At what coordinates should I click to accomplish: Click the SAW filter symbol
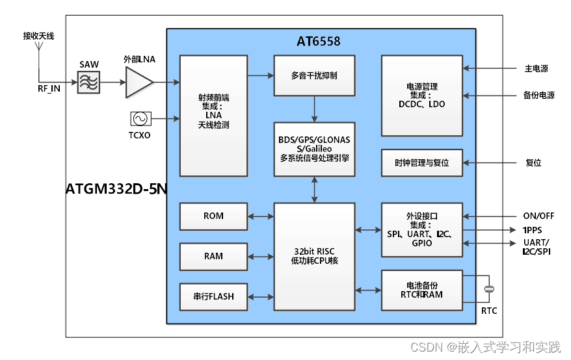(x=89, y=82)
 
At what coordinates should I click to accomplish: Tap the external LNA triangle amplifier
(x=139, y=82)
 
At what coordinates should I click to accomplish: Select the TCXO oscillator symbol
(x=140, y=119)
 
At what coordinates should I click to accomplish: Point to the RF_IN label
(x=49, y=89)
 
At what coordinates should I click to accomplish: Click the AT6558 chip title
(x=319, y=42)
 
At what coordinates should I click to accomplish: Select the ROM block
(x=213, y=216)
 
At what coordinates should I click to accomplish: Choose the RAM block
(x=213, y=256)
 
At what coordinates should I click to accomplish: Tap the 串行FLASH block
(x=213, y=296)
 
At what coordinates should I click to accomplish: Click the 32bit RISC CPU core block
(x=315, y=256)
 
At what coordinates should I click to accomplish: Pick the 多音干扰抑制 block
(x=315, y=76)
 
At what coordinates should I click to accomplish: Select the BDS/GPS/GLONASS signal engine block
(x=315, y=149)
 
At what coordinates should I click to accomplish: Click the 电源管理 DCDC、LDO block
(x=421, y=96)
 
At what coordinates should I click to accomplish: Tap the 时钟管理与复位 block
(x=421, y=162)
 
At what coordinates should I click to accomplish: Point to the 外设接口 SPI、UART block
(x=421, y=229)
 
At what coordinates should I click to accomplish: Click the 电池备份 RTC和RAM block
(x=421, y=290)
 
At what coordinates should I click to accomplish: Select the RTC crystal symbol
(x=489, y=289)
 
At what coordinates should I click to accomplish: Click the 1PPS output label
(x=533, y=230)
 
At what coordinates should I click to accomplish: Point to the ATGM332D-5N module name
(x=116, y=189)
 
